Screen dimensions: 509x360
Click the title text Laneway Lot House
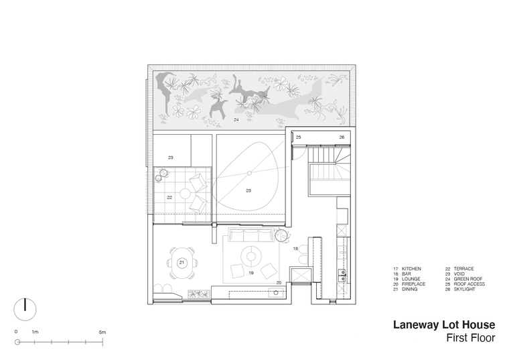pos(444,324)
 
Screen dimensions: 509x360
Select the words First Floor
pos(471,338)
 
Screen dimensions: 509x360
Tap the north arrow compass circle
pos(25,309)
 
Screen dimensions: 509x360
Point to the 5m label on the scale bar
pos(102,332)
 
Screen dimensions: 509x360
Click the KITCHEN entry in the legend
pos(407,269)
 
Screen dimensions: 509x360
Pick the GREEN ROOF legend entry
pos(464,279)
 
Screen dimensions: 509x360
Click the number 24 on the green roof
pos(236,120)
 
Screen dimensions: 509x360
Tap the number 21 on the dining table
pos(181,263)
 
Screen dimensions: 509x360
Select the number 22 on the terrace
pos(169,197)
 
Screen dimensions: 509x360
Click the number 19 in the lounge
pos(251,273)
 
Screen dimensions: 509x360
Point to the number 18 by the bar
pos(295,249)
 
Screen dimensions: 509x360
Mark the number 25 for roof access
pos(298,137)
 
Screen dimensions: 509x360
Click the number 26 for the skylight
pos(342,137)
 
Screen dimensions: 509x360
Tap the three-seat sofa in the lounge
pos(250,235)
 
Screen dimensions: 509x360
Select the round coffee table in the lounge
pos(250,257)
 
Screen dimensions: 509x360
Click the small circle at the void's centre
pos(249,173)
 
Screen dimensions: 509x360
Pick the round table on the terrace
pos(185,194)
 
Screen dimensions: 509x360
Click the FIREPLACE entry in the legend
pos(409,284)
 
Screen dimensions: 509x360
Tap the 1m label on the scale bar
pos(35,332)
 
